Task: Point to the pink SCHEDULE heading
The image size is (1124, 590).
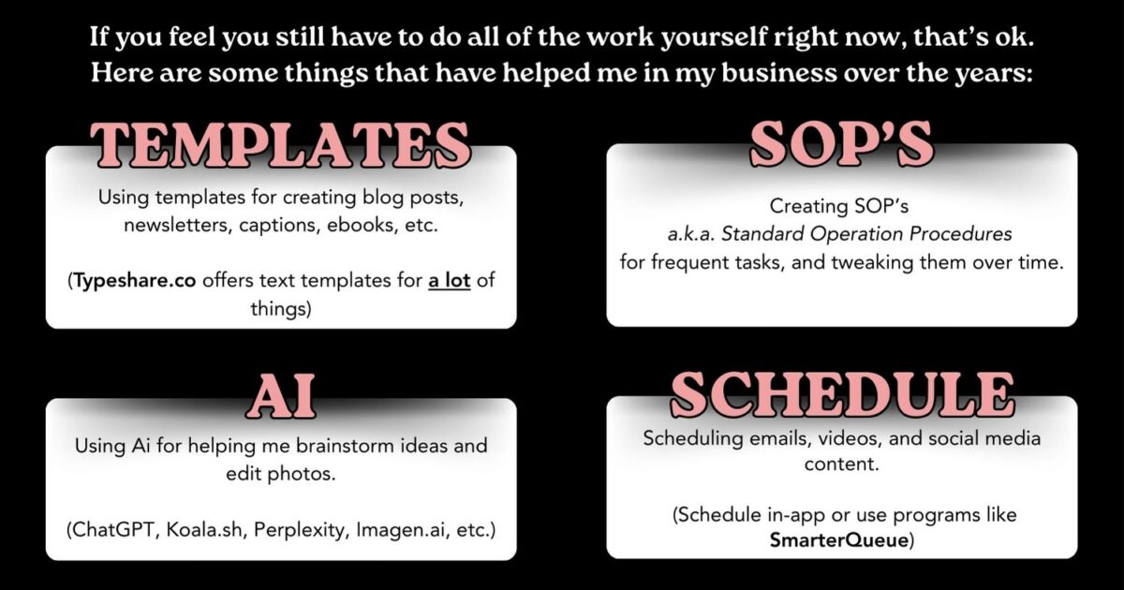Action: [841, 394]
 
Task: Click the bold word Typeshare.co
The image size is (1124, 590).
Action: [136, 281]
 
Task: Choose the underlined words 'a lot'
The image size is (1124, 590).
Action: [450, 281]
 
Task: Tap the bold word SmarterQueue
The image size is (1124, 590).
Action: [842, 539]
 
